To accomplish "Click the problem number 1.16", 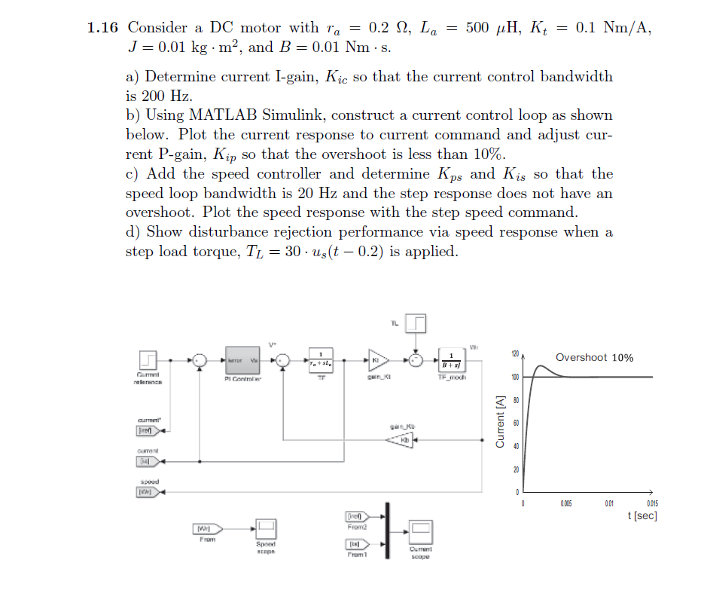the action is (102, 28).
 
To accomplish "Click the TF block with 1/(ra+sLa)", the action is (322, 359).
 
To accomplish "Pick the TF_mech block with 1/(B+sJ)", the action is (451, 359).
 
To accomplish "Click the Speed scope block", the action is (267, 528).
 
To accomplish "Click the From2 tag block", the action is (355, 517).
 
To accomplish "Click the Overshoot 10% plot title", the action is (594, 357).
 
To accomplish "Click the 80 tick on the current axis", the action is (516, 399).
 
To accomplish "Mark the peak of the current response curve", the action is (540, 367).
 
